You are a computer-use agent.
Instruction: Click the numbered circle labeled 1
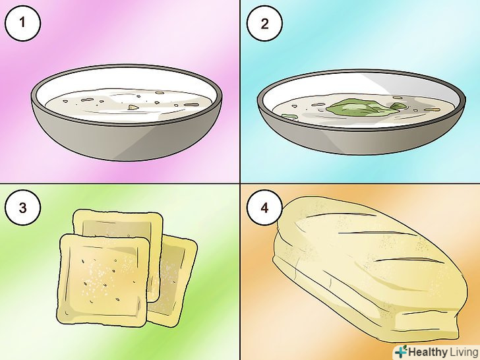point(22,23)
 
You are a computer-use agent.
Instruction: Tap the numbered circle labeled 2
point(264,23)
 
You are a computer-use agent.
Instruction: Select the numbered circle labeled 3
point(22,208)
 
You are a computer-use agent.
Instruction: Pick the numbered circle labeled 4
point(264,208)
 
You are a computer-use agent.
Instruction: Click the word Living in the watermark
point(464,351)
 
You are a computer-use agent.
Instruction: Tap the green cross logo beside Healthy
point(401,351)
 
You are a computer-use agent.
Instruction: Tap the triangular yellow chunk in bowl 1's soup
point(133,107)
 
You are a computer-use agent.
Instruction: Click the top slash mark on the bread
point(342,214)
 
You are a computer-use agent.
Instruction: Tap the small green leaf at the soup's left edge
point(289,116)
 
